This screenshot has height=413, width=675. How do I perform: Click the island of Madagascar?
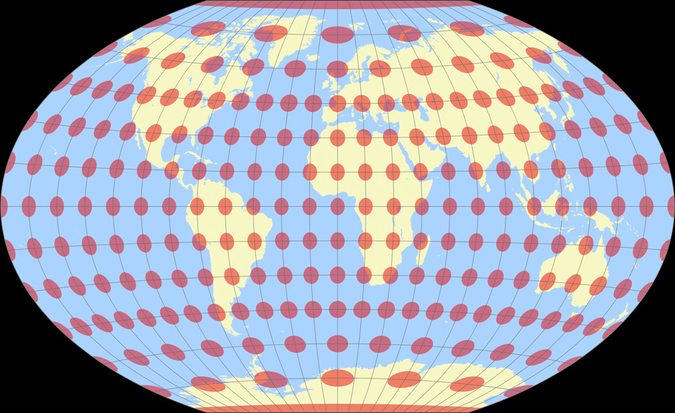pos(422,256)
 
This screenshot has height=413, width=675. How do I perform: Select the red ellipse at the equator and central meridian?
pos(337,206)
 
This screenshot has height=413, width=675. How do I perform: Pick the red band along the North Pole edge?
pos(337,3)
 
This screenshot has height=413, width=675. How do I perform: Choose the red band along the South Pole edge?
pos(337,408)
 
